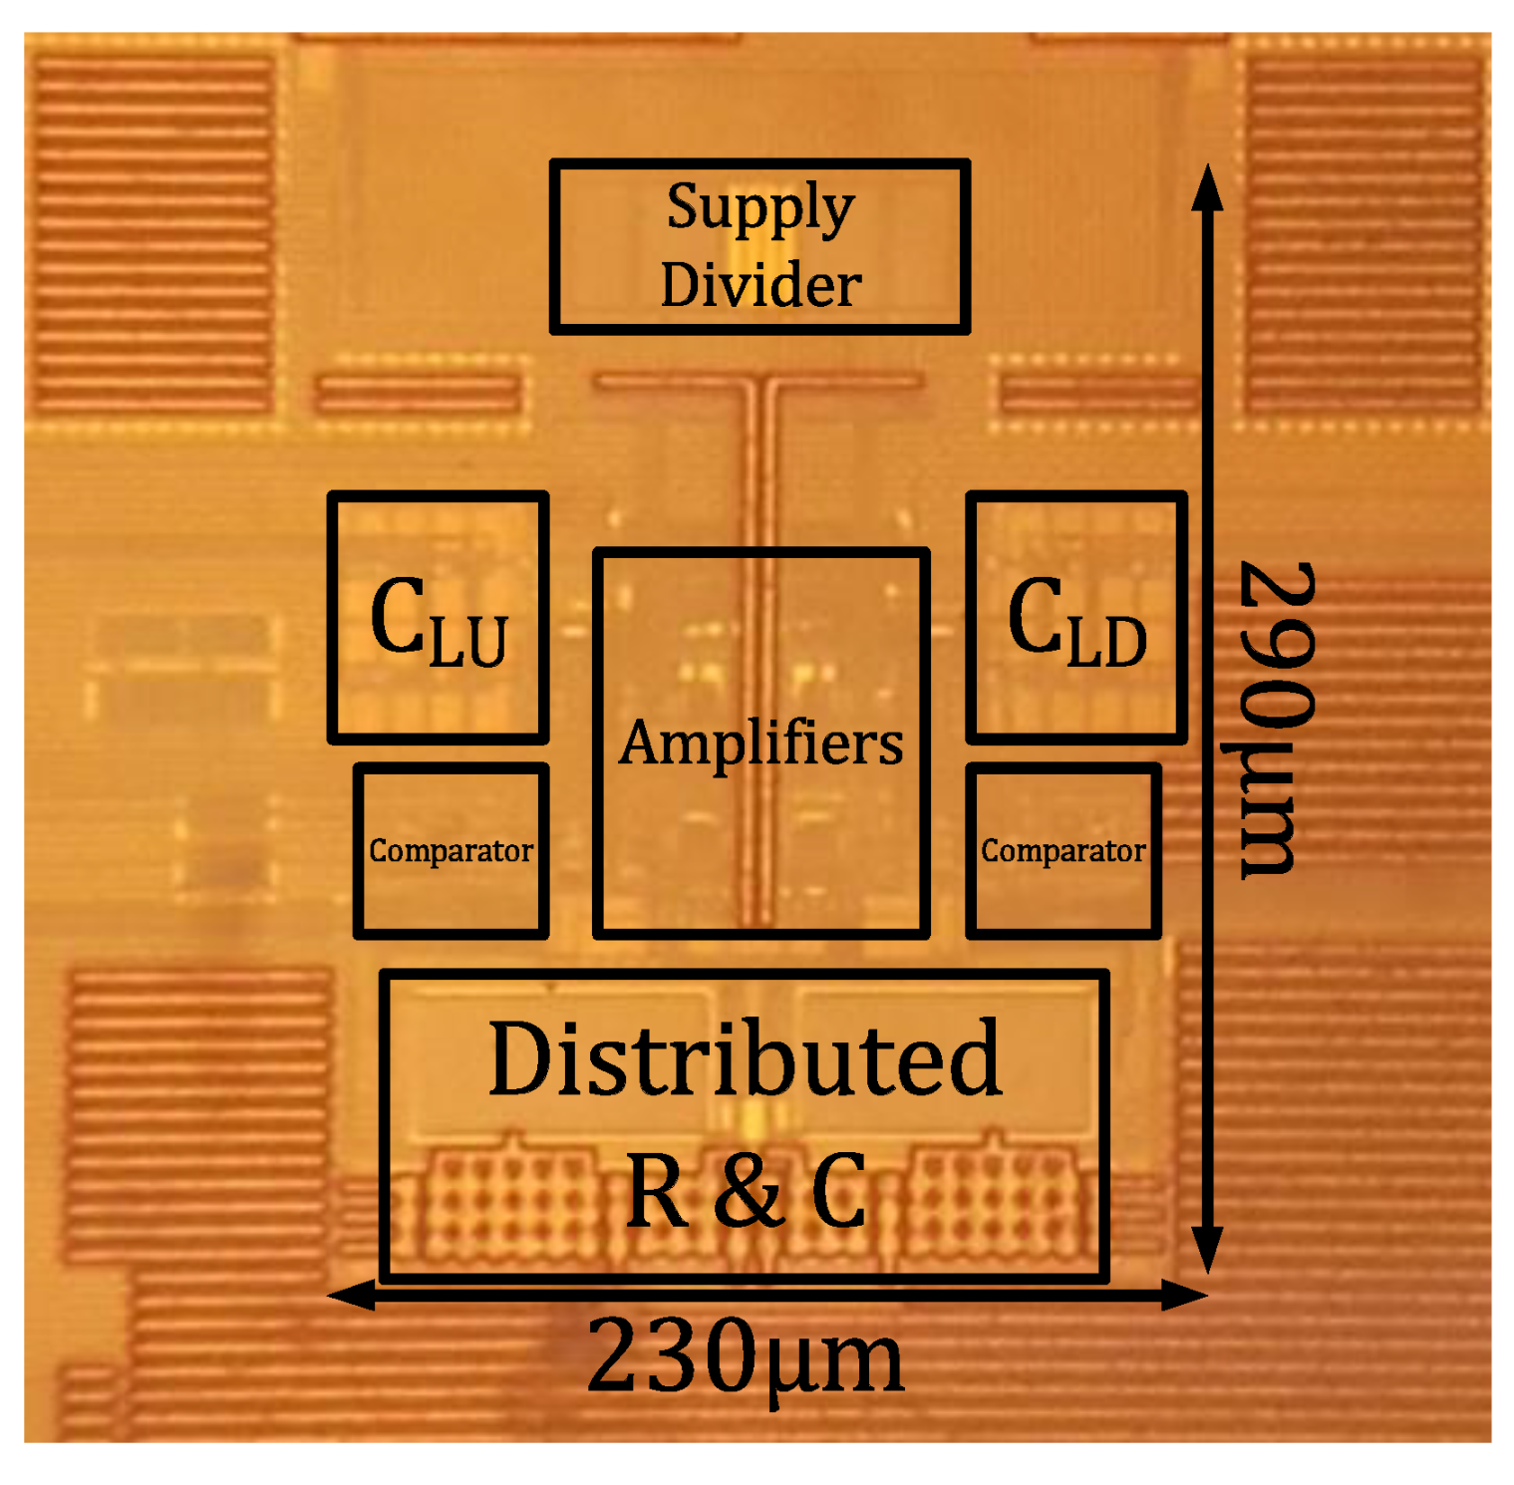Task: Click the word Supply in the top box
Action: point(760,208)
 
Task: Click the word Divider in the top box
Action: point(760,285)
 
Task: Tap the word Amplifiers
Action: point(760,743)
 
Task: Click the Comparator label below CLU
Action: point(451,851)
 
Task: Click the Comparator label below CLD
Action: point(1062,851)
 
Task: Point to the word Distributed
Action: point(745,1058)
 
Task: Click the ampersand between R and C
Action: point(748,1191)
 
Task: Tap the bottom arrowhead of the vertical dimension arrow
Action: point(1207,1251)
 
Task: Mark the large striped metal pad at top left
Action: point(154,234)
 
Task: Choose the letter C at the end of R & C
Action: point(838,1192)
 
